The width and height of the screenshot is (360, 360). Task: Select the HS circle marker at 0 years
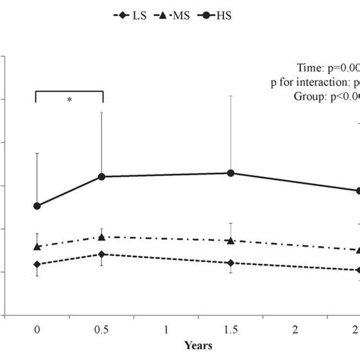tap(36, 206)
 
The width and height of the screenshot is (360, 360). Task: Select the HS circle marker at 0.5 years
tap(102, 177)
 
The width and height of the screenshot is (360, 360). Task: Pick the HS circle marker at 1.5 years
tap(231, 173)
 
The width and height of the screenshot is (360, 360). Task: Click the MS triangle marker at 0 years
tap(36, 246)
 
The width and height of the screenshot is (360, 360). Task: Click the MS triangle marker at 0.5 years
tap(102, 237)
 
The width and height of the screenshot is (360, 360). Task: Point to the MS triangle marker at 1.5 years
tap(231, 241)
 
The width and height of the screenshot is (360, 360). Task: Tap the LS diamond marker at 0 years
tap(36, 264)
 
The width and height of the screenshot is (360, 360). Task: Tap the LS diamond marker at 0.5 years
tap(102, 254)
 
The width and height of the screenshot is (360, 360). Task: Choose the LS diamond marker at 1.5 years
tap(231, 263)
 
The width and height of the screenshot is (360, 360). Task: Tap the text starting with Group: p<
tap(326, 96)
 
